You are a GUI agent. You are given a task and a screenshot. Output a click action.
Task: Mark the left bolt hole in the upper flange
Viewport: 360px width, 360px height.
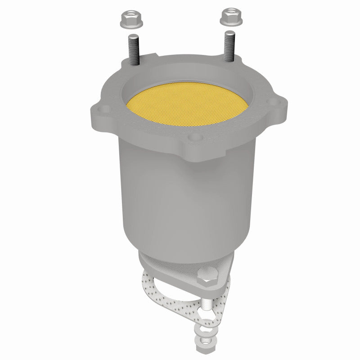click(103, 108)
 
